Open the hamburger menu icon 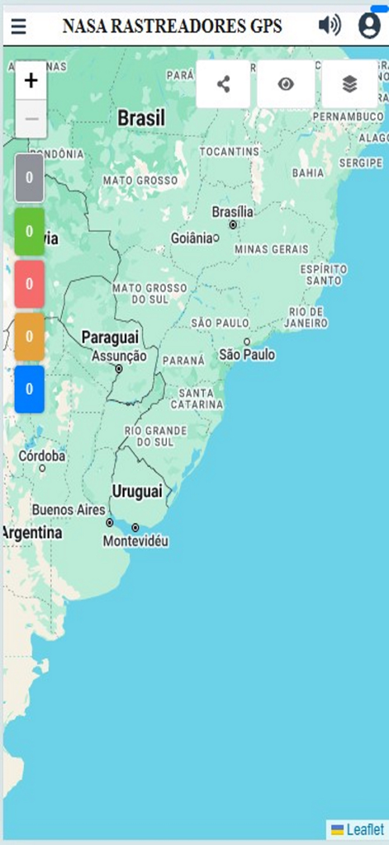18,26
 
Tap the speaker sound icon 330,26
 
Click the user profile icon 369,26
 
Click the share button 223,83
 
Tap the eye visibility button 286,83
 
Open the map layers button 349,83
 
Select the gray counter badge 29,177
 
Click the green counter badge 29,231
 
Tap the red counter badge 29,283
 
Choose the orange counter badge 29,336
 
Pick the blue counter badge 29,389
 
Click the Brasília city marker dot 233,224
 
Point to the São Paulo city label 247,354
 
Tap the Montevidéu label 135,541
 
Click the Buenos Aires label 69,509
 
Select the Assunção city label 119,356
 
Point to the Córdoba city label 42,456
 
